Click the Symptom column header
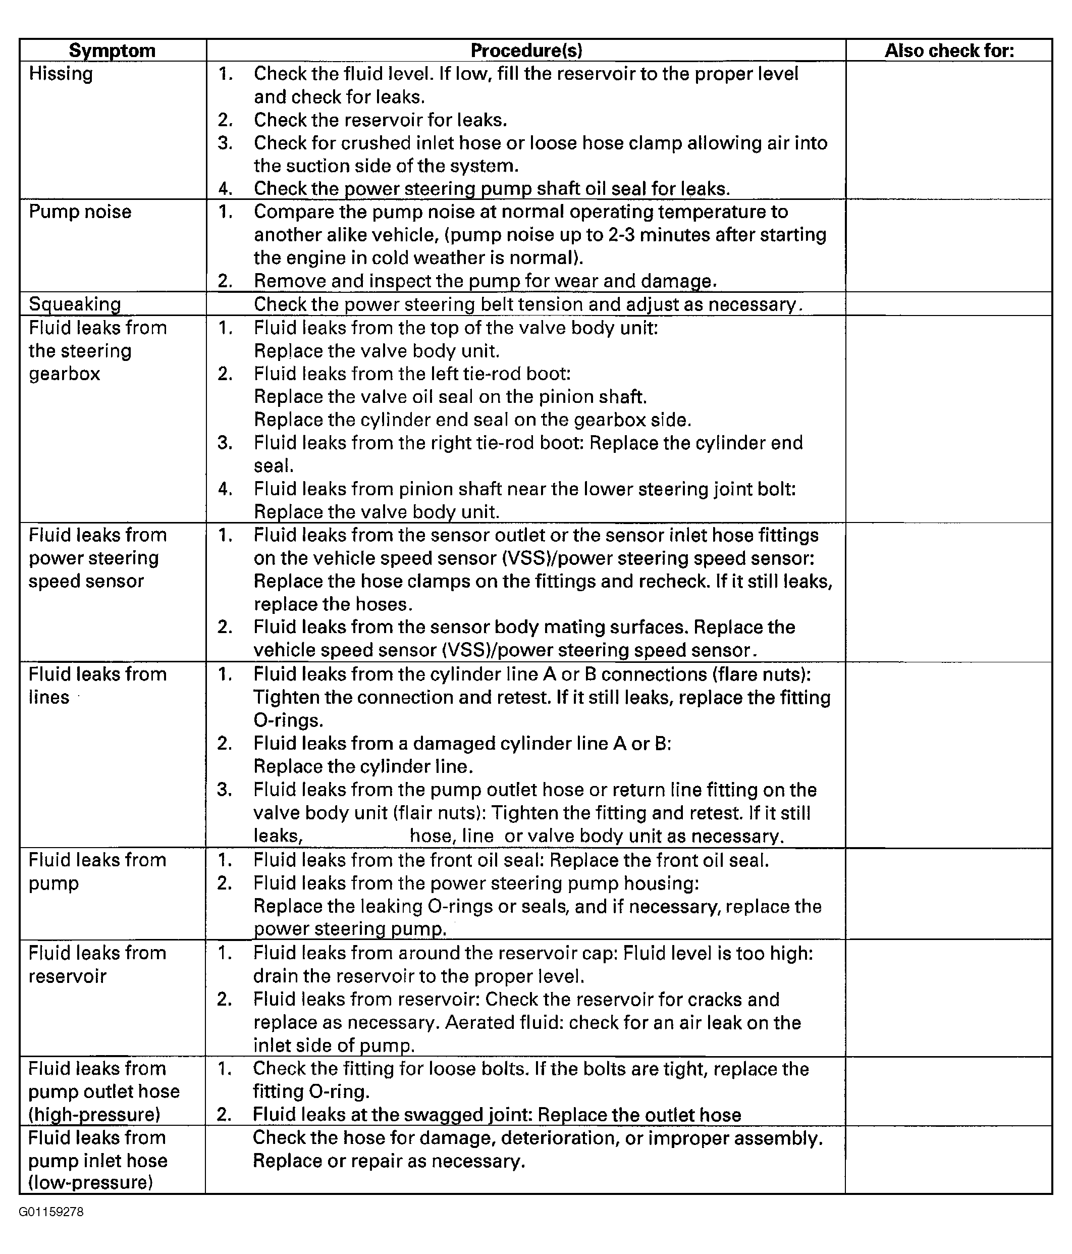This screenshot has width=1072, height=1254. click(112, 50)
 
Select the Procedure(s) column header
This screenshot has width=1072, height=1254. click(526, 50)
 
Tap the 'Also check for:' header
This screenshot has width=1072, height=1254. click(948, 50)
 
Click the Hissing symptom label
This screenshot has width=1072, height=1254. click(61, 74)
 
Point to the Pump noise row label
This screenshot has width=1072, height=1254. click(80, 212)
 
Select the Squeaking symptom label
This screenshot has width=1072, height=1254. click(74, 304)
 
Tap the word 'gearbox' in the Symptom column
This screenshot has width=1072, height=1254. click(64, 374)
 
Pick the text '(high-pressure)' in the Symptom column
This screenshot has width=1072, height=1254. click(94, 1114)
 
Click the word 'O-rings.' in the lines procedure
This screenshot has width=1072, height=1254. click(289, 720)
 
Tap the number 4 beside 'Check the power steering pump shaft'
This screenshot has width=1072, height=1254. click(225, 189)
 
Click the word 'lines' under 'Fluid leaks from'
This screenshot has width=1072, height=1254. click(49, 697)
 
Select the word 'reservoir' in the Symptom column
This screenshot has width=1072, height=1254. click(67, 976)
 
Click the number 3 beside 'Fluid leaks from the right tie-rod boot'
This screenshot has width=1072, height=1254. click(225, 443)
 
